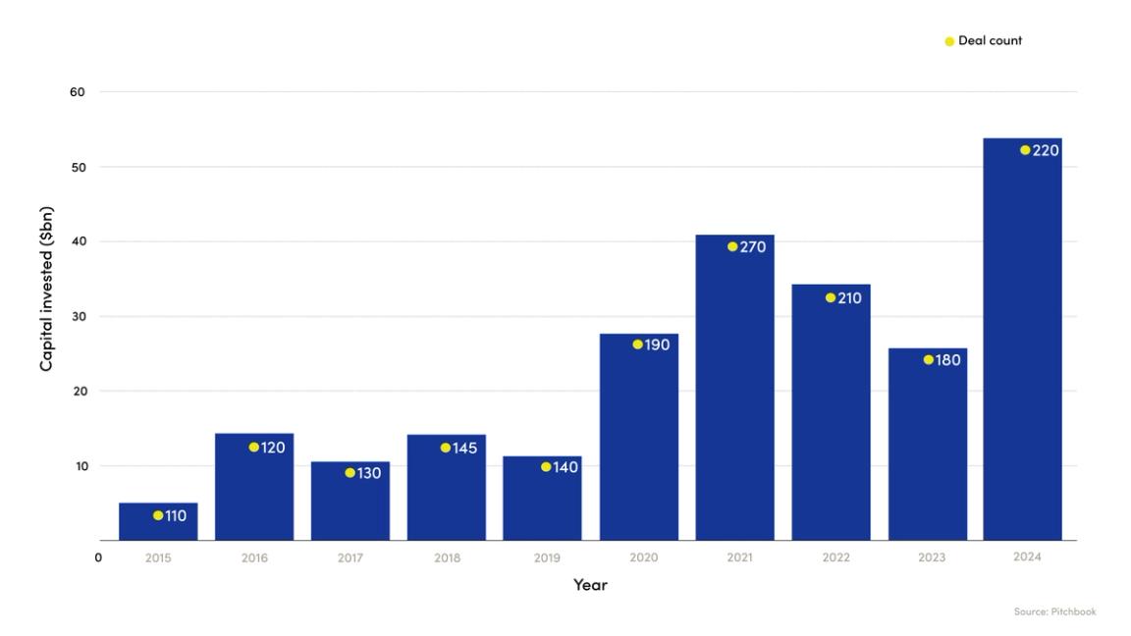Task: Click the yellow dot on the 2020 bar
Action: (637, 344)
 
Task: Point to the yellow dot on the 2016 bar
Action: (253, 448)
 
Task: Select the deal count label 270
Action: (753, 247)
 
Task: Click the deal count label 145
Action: (464, 449)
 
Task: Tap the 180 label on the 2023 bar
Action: (947, 360)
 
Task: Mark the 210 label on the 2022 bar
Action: (849, 298)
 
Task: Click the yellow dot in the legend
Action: (949, 41)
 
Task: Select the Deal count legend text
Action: (990, 41)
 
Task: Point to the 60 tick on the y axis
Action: (78, 92)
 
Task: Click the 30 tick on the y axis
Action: (78, 316)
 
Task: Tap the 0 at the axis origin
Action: (98, 557)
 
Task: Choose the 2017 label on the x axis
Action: (350, 557)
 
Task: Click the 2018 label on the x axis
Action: (446, 557)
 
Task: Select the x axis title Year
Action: (590, 585)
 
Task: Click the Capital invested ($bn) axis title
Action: (46, 289)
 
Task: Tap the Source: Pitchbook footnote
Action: (1054, 612)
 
